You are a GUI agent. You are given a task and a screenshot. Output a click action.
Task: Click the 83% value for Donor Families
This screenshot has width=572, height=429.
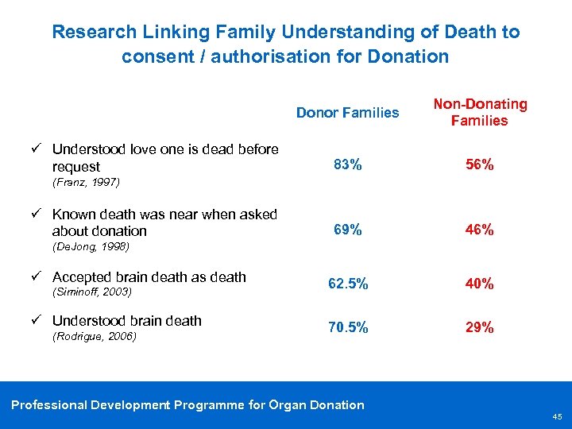(x=347, y=165)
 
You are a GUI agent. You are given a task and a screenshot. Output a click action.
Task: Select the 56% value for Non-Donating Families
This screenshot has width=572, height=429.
(x=479, y=165)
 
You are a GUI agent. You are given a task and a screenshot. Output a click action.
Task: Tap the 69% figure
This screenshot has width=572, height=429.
(x=347, y=230)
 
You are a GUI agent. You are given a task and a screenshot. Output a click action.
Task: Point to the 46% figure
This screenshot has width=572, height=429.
(x=479, y=230)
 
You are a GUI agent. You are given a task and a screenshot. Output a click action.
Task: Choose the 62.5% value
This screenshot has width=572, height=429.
(x=347, y=284)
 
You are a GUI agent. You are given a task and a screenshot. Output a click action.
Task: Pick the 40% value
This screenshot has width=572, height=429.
(x=479, y=284)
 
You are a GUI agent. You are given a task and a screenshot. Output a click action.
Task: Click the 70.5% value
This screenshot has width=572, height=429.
(x=347, y=327)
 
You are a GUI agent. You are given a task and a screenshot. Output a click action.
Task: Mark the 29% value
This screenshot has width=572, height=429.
(x=479, y=327)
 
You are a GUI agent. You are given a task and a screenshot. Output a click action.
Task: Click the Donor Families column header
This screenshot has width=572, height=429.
(x=347, y=113)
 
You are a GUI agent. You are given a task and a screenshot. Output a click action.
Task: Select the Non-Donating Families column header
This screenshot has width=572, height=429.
(x=479, y=112)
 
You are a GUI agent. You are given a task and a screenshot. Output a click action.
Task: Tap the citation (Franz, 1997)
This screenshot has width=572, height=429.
(x=86, y=182)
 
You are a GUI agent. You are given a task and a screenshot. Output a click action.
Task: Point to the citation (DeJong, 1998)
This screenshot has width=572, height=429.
(x=90, y=246)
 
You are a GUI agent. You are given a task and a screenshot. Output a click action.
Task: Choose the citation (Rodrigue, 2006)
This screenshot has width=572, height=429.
(x=95, y=336)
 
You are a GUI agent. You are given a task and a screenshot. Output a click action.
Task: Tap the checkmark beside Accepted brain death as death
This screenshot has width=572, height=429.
(x=37, y=277)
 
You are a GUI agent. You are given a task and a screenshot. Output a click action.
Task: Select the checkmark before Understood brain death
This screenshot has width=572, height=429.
(x=37, y=321)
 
